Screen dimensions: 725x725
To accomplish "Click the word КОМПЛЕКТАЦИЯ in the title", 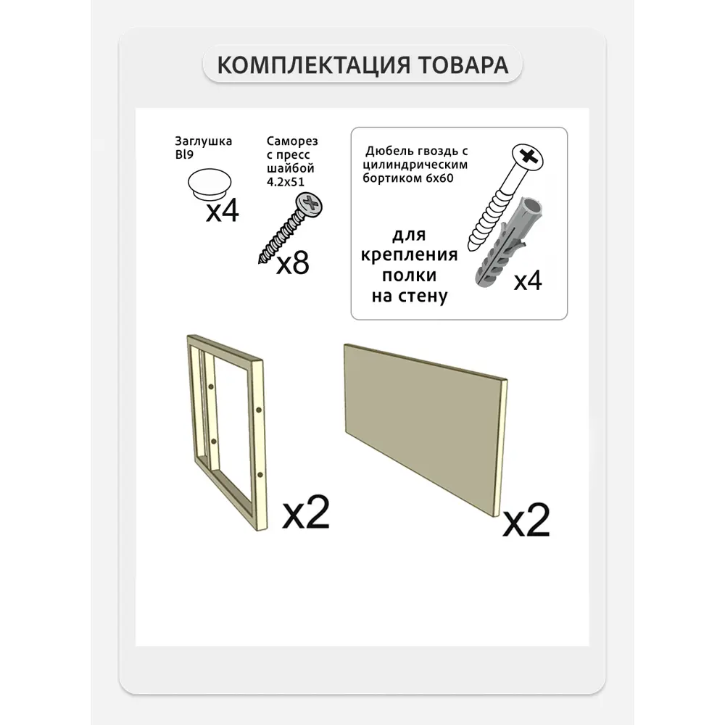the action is [313, 65].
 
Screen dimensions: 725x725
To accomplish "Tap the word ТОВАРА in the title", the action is [463, 65].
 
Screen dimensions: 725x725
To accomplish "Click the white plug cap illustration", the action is [210, 184].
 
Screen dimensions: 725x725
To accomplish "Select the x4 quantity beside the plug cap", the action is [223, 211].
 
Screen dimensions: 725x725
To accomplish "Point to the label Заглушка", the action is [204, 141].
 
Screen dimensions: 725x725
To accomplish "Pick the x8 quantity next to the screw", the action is [293, 264].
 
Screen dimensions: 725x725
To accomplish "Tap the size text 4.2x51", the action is [285, 182].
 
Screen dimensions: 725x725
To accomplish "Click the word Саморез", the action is [292, 141].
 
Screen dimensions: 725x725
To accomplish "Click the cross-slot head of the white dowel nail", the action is [527, 157].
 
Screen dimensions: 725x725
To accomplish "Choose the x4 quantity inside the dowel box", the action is [528, 281].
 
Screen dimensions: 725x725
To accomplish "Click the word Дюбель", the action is [386, 152].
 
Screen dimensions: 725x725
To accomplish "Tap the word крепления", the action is [409, 255].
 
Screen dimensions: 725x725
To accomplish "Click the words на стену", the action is [409, 296].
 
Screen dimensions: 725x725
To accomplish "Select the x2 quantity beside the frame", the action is [306, 513].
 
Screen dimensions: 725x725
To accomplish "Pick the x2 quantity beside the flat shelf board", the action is [526, 520].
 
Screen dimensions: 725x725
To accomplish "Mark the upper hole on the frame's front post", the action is [259, 410].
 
